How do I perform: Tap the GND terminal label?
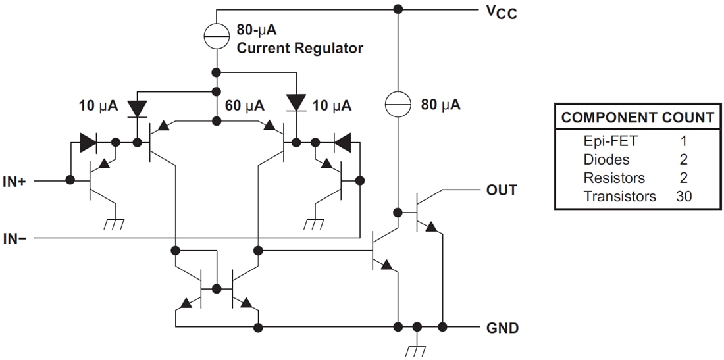pos(503,327)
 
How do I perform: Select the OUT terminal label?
pos(502,190)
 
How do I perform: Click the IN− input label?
pos(14,238)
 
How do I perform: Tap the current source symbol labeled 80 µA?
pos(398,104)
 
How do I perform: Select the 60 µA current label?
pos(245,105)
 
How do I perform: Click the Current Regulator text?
pos(299,48)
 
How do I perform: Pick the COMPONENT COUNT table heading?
pos(637,118)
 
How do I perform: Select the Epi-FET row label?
pos(610,141)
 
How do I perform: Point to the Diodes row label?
pos(606,159)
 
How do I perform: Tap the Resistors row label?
pos(614,178)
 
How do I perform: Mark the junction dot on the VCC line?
pos(398,9)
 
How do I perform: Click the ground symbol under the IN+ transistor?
pos(116,224)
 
